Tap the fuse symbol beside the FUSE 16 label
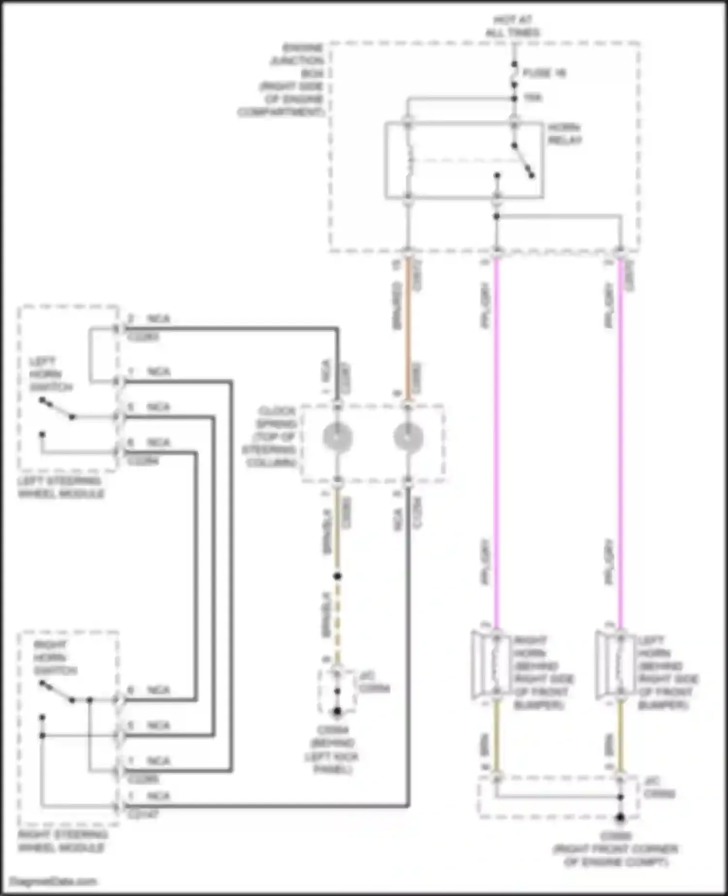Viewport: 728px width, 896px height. point(514,74)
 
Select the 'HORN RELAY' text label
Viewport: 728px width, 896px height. point(564,134)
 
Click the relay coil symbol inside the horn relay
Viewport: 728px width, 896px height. point(409,160)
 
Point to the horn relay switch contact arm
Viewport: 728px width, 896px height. point(523,160)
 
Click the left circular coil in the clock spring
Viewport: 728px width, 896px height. point(338,437)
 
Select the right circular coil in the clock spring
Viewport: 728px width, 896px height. point(408,437)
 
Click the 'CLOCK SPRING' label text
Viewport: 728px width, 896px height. point(272,437)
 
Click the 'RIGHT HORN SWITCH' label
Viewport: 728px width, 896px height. point(54,658)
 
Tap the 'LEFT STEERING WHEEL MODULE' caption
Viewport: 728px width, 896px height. point(60,487)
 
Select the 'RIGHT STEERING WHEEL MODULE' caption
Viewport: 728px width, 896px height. point(62,841)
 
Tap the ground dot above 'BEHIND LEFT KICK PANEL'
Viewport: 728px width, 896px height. point(337,712)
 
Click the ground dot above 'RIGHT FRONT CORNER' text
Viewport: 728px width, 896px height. point(620,817)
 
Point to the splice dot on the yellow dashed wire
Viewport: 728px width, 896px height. point(337,576)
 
